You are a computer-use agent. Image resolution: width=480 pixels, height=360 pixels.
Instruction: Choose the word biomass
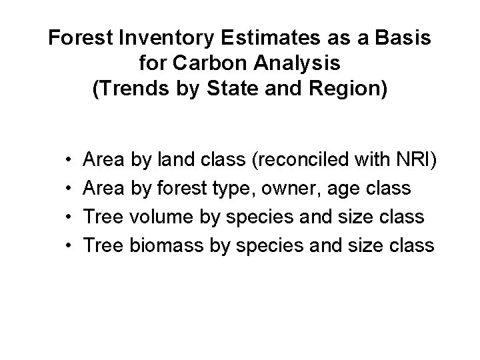pyautogui.click(x=164, y=246)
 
